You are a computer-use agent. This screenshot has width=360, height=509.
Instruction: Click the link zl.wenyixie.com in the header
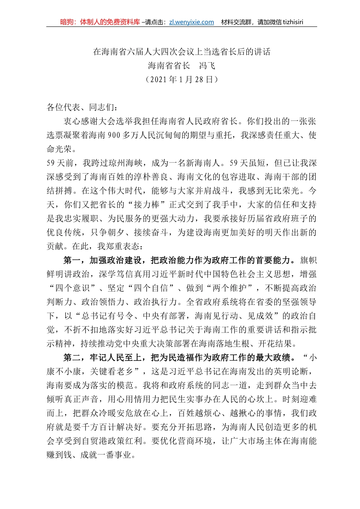pos(191,22)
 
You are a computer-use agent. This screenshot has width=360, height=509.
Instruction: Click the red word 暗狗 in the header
pos(67,22)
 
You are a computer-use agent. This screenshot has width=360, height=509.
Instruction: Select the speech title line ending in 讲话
pos(182,52)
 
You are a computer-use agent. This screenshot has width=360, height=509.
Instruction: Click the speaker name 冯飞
pos(207,66)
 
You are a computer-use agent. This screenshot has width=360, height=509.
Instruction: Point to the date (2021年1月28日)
pos(182,80)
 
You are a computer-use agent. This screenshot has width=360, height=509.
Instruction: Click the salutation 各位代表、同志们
pos(80,108)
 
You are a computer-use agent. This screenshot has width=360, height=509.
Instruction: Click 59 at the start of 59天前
pos(51,163)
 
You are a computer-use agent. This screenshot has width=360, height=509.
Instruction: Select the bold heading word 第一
pos(72,261)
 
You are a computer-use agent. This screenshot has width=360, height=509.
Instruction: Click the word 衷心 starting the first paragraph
pos(72,122)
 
